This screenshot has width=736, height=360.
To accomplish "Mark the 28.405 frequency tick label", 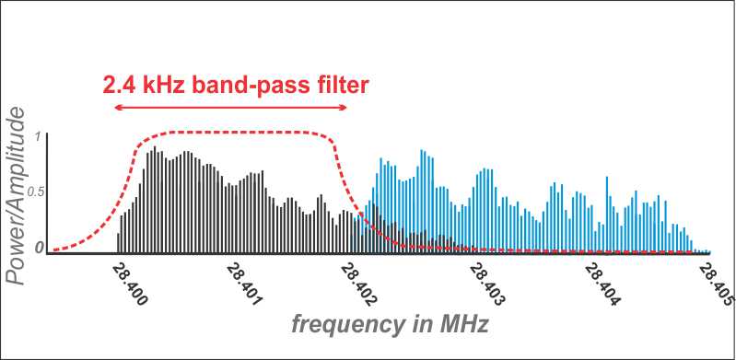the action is [717, 285].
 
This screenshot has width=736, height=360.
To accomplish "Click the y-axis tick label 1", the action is [38, 137].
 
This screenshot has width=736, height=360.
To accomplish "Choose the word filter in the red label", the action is [338, 85].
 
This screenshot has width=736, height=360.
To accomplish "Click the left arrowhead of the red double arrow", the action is [117, 108].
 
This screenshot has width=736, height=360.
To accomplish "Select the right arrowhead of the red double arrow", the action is [345, 108].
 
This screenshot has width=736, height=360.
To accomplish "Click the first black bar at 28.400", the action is [118, 243].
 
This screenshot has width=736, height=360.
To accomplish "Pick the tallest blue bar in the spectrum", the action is [422, 201].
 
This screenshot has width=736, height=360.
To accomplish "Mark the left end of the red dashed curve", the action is [54, 250].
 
